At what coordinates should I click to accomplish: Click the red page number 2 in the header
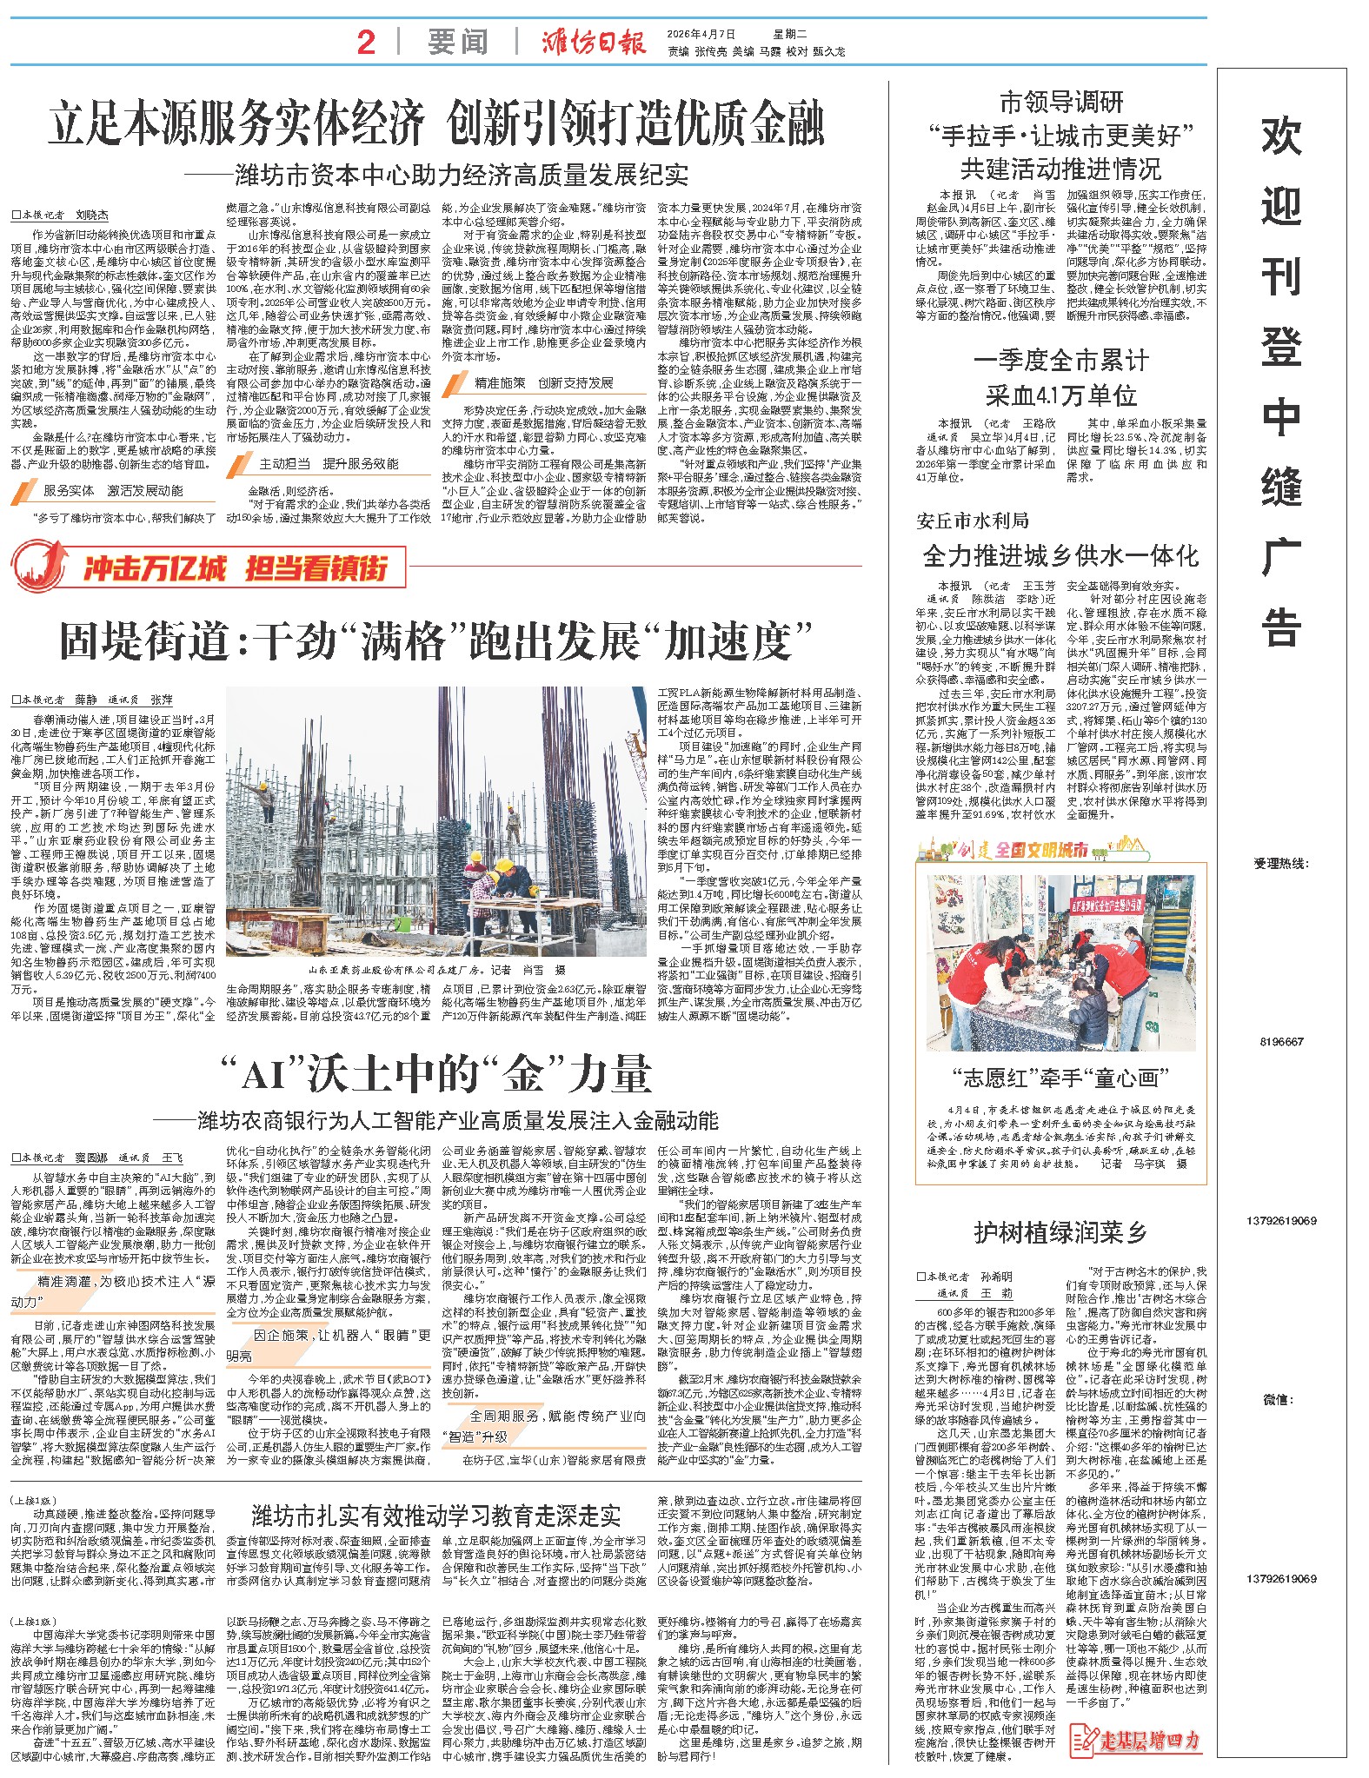click(366, 42)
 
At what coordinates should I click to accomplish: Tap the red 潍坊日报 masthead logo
click(595, 42)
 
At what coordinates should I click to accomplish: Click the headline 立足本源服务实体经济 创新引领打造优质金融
click(436, 123)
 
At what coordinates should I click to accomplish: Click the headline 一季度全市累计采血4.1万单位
click(1060, 378)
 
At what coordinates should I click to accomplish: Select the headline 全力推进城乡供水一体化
click(1060, 555)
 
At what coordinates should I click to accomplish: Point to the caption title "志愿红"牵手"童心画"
click(1060, 1078)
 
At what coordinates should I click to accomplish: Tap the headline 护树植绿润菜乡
click(1060, 1231)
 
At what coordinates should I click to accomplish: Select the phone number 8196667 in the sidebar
click(1281, 1042)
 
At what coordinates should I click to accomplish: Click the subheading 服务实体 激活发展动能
click(114, 491)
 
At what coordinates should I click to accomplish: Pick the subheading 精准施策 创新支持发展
click(543, 383)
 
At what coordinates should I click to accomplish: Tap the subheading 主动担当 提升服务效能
click(329, 464)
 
